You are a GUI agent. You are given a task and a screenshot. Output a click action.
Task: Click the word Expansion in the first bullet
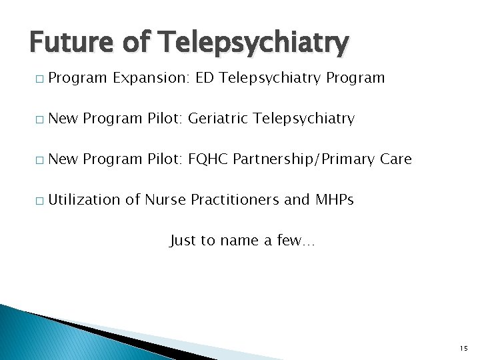[151, 78]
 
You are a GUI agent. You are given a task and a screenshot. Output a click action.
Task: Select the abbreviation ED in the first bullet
[205, 78]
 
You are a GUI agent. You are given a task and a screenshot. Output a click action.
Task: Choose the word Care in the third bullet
[396, 159]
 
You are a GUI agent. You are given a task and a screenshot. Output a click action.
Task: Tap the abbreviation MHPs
[333, 200]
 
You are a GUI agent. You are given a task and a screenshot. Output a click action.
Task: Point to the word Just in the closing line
[183, 241]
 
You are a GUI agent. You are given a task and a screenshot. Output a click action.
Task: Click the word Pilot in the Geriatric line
[165, 119]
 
